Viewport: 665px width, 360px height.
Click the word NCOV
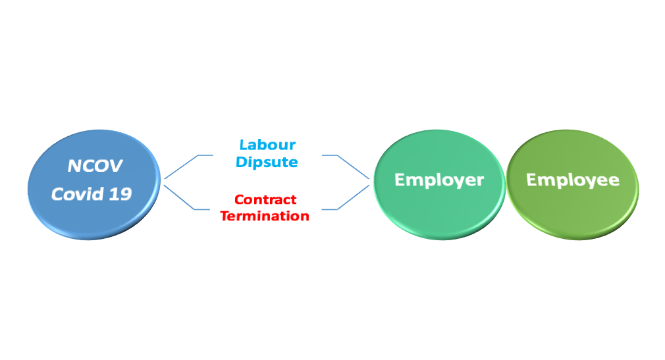pyautogui.click(x=95, y=166)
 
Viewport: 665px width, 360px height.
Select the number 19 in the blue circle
pyautogui.click(x=120, y=194)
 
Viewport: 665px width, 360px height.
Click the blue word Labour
pyautogui.click(x=267, y=145)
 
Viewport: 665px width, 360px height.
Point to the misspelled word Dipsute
pyautogui.click(x=267, y=163)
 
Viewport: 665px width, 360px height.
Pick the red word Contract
pyautogui.click(x=265, y=199)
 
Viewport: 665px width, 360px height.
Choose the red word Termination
pyautogui.click(x=265, y=216)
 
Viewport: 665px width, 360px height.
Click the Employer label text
pyautogui.click(x=439, y=180)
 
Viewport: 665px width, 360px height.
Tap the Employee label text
pyautogui.click(x=573, y=180)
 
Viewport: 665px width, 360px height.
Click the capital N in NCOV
pyautogui.click(x=74, y=167)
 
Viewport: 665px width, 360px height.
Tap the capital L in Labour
pyautogui.click(x=244, y=145)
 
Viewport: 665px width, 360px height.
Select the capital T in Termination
pyautogui.click(x=225, y=216)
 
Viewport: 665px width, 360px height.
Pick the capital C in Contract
pyautogui.click(x=240, y=199)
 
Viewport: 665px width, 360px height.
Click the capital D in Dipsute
pyautogui.click(x=242, y=161)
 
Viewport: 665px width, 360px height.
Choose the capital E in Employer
pyautogui.click(x=400, y=180)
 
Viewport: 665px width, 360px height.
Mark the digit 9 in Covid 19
pyautogui.click(x=126, y=194)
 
